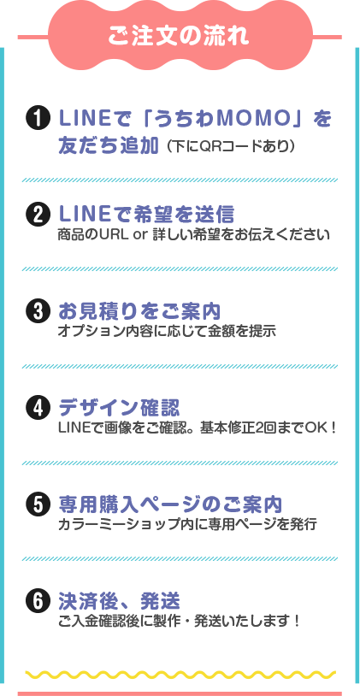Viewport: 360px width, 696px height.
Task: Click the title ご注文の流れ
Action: coord(180,37)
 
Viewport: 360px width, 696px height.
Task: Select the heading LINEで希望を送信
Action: coord(146,215)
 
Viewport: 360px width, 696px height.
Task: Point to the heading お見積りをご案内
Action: coord(140,311)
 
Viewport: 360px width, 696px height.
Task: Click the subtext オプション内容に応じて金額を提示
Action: coord(168,331)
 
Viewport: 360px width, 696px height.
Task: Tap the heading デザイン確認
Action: coord(120,408)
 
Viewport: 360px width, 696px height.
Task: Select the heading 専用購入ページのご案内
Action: coord(170,504)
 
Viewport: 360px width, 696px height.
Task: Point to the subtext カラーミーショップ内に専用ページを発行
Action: coord(187,524)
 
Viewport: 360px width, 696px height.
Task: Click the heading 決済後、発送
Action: coord(120,601)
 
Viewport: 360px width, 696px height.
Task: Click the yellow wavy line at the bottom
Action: coord(180,675)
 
